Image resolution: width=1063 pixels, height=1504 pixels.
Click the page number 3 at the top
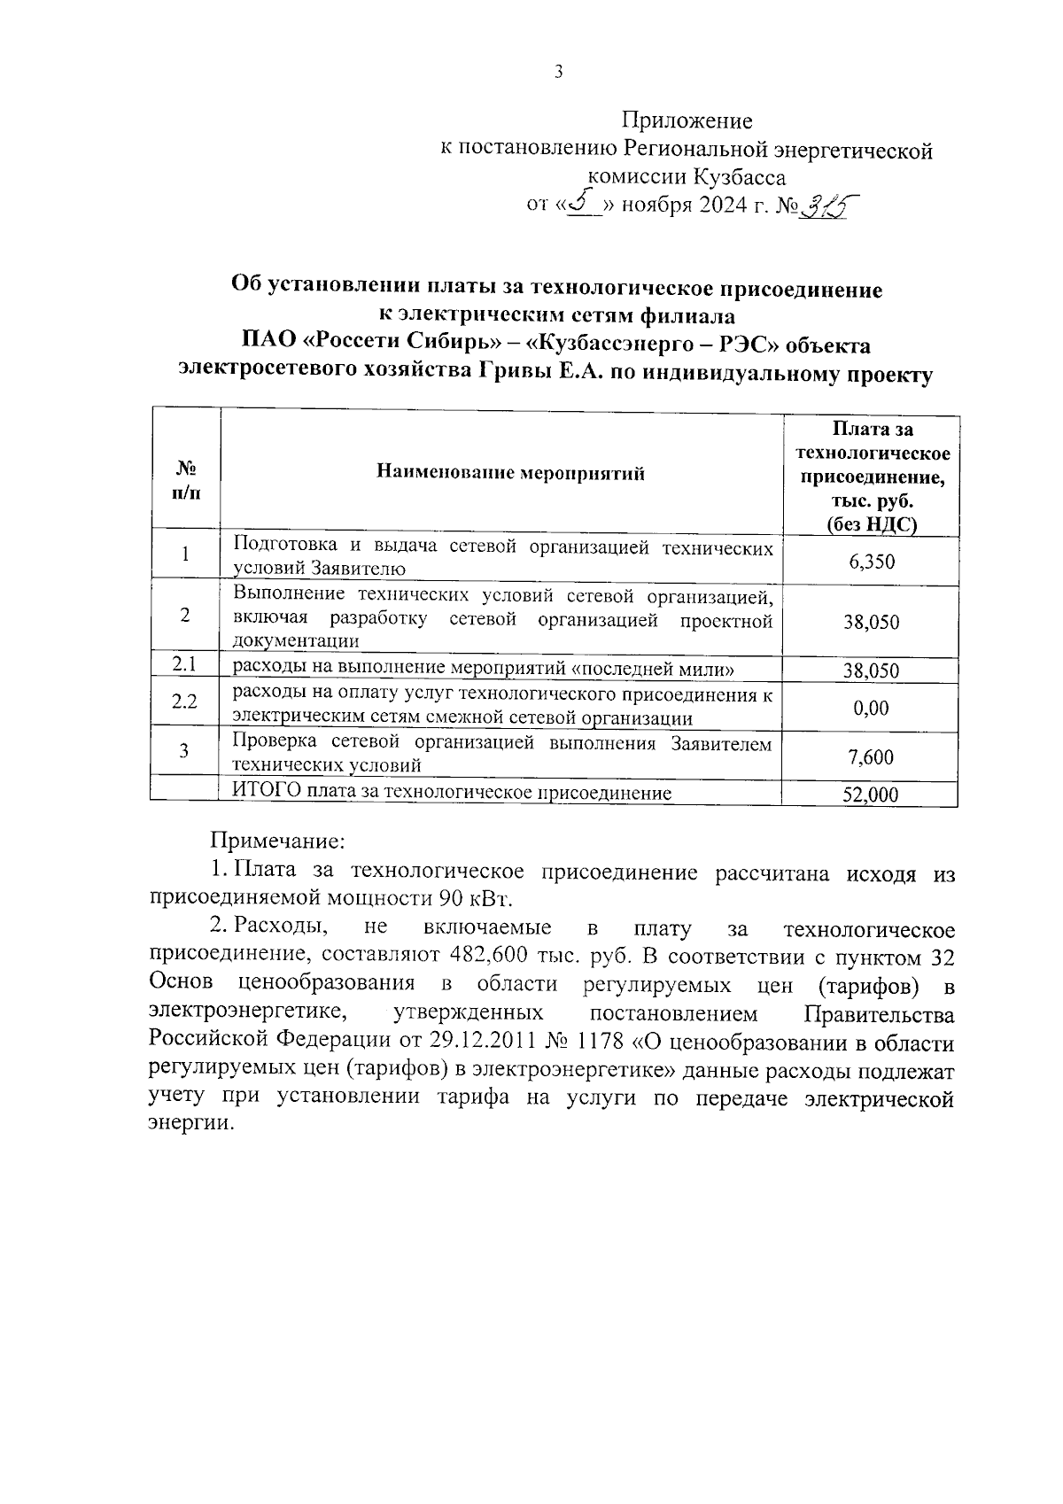click(x=558, y=74)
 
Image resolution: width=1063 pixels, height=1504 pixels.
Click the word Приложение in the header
click(x=687, y=120)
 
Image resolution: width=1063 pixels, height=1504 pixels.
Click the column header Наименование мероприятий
click(x=511, y=472)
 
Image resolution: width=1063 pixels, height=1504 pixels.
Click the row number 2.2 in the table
click(x=184, y=702)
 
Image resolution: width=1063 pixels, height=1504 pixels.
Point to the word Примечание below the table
click(x=275, y=838)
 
